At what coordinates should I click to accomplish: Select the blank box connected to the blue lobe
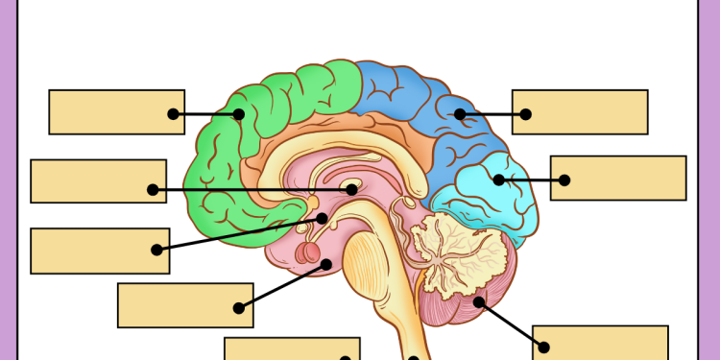coord(580,112)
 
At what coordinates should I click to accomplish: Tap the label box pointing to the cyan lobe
coord(618,179)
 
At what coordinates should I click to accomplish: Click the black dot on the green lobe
coord(239,113)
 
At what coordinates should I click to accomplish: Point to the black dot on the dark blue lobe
coord(460,114)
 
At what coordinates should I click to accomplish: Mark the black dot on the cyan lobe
coord(498,180)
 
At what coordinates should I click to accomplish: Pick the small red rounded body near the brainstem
coord(309,253)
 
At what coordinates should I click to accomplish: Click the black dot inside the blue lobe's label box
coord(526,114)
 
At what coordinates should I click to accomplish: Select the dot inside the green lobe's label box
coord(173,113)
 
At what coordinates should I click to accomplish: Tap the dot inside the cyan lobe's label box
coord(564,180)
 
